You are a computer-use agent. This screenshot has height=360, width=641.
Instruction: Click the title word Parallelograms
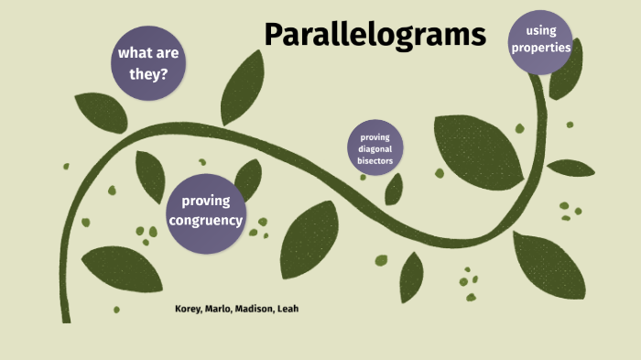(375, 35)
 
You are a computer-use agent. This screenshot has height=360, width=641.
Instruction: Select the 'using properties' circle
(541, 40)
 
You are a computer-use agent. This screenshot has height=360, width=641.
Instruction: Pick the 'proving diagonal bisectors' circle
(375, 149)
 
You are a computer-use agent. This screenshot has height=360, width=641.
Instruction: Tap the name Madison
(260, 309)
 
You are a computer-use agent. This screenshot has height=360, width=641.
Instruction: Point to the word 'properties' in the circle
(541, 48)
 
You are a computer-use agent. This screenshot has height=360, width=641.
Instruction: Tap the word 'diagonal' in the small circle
(375, 149)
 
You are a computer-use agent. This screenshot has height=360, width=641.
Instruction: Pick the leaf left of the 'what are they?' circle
(100, 112)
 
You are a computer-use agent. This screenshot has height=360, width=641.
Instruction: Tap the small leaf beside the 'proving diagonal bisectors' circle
(394, 190)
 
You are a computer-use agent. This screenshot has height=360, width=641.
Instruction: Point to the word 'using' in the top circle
(541, 31)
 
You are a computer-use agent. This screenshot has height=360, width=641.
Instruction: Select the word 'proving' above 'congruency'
(206, 201)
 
